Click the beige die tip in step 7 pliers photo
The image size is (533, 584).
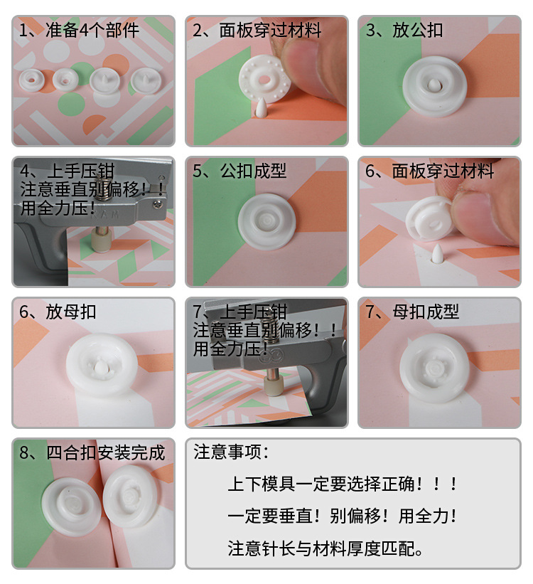(271, 386)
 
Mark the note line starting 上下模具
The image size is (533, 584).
(343, 484)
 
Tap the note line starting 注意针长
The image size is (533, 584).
(327, 548)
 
